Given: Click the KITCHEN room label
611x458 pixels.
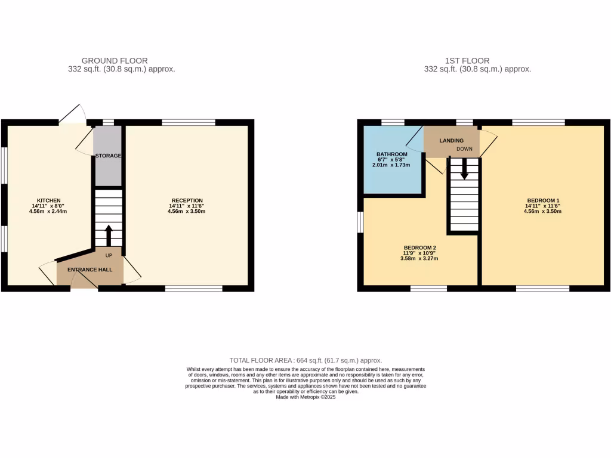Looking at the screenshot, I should coord(49,200).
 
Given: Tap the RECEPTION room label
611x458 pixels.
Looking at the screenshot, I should coord(187,200).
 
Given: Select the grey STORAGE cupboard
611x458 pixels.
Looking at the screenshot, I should coord(107,156).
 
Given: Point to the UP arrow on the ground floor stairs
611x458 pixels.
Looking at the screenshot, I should coord(108,235).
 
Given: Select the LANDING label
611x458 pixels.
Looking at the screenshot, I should coord(452,141).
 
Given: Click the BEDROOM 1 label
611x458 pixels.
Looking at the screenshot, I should coord(543,200).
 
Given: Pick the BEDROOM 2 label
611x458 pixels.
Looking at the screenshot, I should coord(421,247).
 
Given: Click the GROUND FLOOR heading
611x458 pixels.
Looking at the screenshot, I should coord(115,61).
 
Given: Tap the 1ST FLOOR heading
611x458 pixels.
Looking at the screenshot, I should coord(467,61).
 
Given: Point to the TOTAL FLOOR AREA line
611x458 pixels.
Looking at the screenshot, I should coord(305,360).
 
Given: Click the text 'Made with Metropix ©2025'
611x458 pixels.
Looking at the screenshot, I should coord(305,397).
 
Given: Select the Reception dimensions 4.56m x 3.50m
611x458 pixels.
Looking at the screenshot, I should coord(187,211).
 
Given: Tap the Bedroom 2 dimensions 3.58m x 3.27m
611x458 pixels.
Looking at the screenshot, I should coord(421,258).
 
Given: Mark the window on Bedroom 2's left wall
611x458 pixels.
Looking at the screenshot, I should coord(360,222).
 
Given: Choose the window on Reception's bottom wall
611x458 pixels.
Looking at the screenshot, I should coord(193,289).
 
